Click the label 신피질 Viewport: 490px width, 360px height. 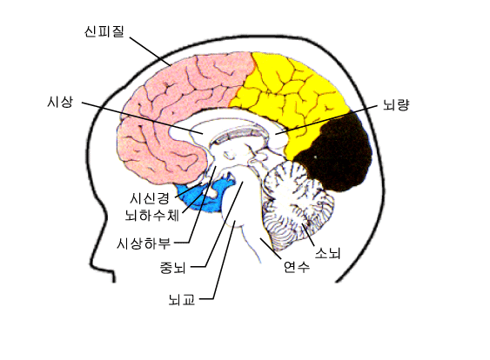[x=104, y=31]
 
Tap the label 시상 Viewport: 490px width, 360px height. [x=60, y=102]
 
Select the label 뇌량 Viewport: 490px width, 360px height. [x=396, y=104]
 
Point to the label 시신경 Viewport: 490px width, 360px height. [x=150, y=197]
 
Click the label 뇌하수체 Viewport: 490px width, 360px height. [x=152, y=215]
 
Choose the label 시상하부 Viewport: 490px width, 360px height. [x=144, y=243]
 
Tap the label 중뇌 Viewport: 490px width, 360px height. [x=173, y=267]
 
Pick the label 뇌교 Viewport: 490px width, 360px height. [x=182, y=299]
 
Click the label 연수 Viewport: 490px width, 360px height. [x=297, y=266]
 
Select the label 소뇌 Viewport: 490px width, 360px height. [x=327, y=252]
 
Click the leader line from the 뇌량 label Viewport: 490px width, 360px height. [x=326, y=120]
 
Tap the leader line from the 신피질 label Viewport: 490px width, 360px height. [x=151, y=51]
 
